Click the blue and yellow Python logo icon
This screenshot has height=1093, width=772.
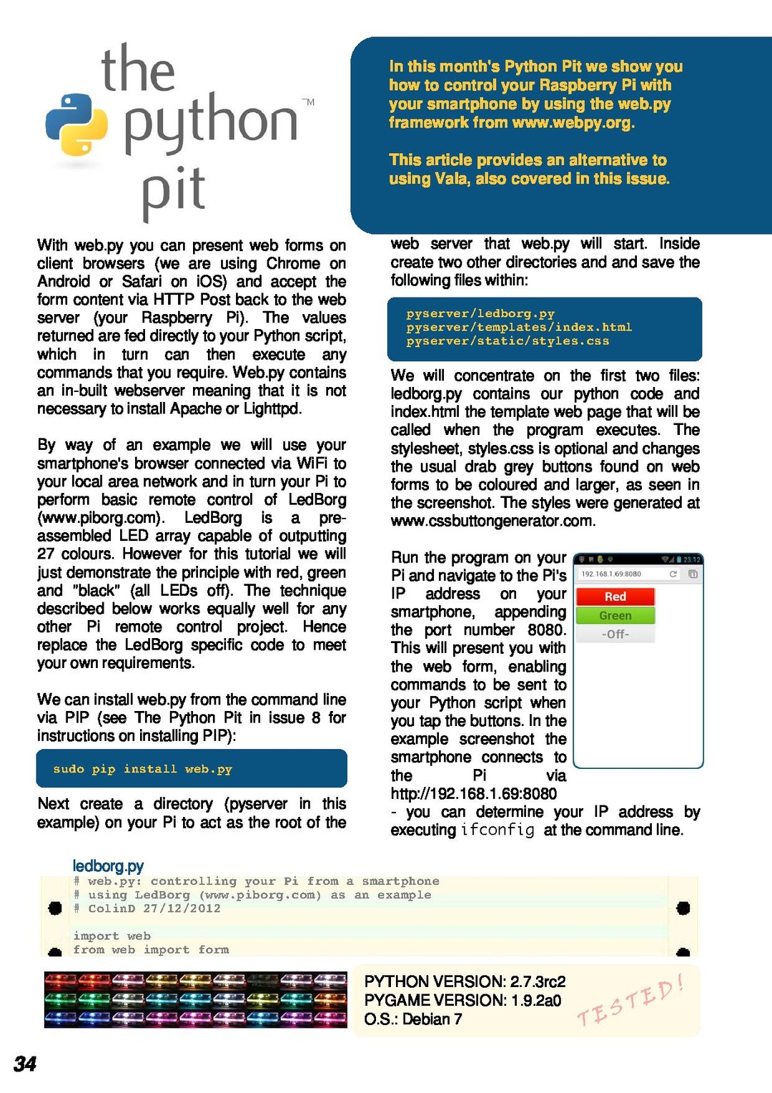click(x=76, y=124)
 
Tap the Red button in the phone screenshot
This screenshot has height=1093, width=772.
click(x=615, y=597)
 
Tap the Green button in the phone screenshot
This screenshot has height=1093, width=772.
click(x=615, y=615)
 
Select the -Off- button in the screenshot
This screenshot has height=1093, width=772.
click(x=615, y=634)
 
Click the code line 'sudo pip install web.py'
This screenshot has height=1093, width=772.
click(x=142, y=769)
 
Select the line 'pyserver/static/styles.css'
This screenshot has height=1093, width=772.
click(x=508, y=341)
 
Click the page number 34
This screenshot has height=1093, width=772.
click(x=25, y=1064)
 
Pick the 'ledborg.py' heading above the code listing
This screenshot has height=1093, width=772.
click(x=108, y=866)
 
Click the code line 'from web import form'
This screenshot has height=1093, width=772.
click(x=151, y=950)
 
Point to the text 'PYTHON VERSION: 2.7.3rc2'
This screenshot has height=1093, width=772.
click(x=465, y=981)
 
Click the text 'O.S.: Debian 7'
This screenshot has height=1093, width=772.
click(x=412, y=1019)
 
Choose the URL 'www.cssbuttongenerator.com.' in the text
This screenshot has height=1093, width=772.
click(x=493, y=521)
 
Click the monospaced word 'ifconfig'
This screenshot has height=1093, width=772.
click(x=498, y=830)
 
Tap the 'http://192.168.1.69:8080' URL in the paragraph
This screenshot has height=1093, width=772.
click(x=473, y=793)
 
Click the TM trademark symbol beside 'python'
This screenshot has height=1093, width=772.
click(x=308, y=102)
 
